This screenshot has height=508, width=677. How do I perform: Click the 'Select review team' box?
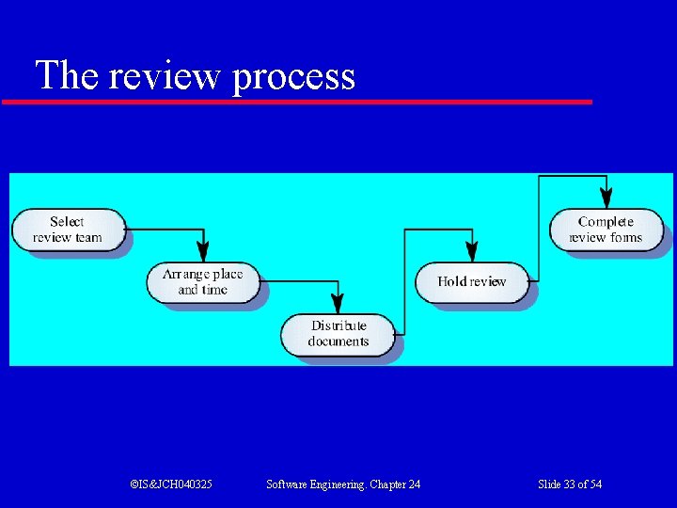tap(68, 230)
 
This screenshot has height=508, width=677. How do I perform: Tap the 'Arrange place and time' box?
tap(202, 282)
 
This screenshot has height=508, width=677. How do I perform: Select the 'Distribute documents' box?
tap(338, 334)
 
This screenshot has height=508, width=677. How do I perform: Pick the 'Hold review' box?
tap(472, 281)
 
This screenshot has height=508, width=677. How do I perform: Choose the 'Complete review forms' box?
tap(606, 230)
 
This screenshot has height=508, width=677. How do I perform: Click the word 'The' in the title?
tap(67, 75)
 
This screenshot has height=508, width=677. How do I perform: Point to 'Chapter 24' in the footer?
tap(394, 484)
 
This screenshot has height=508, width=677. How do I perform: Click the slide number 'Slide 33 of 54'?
tap(570, 484)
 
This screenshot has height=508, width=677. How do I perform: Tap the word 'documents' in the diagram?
tap(338, 341)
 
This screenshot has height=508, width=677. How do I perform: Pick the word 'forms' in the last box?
tap(626, 237)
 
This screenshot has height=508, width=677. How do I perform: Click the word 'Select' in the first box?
tap(67, 221)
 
